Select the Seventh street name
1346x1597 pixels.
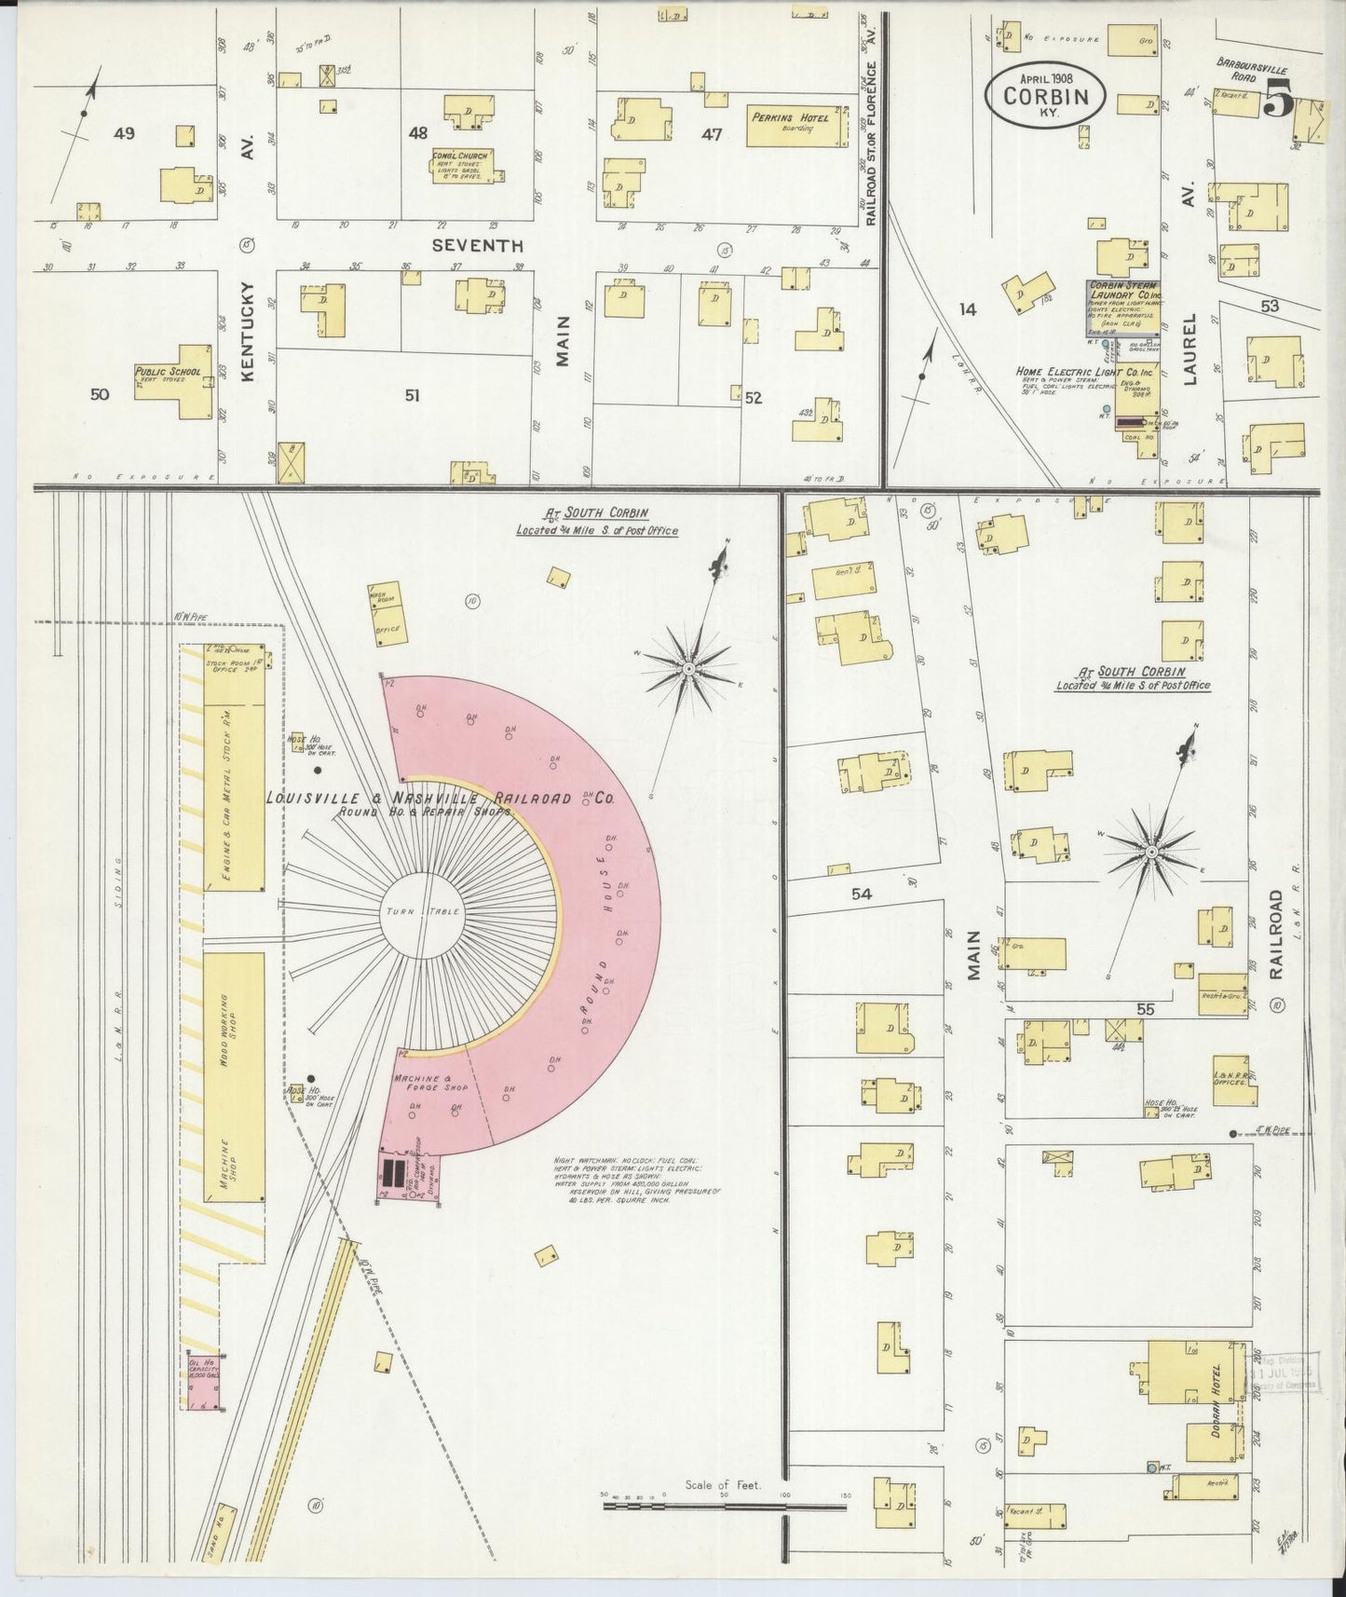point(477,245)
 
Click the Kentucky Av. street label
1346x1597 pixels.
point(248,373)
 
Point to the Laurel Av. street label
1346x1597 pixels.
point(1190,347)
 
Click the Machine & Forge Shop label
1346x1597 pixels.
point(429,1082)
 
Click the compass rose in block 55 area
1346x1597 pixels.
point(1151,851)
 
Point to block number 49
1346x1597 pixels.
point(124,133)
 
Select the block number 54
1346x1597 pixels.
point(861,894)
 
